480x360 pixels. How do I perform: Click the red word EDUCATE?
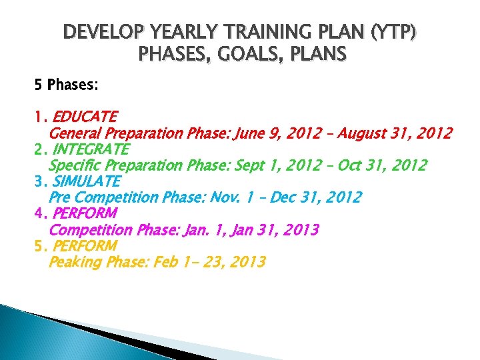[x=84, y=117]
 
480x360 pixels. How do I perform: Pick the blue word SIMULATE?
[x=86, y=181]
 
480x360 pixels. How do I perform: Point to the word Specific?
[x=76, y=165]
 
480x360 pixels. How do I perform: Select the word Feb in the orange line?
[x=165, y=262]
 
